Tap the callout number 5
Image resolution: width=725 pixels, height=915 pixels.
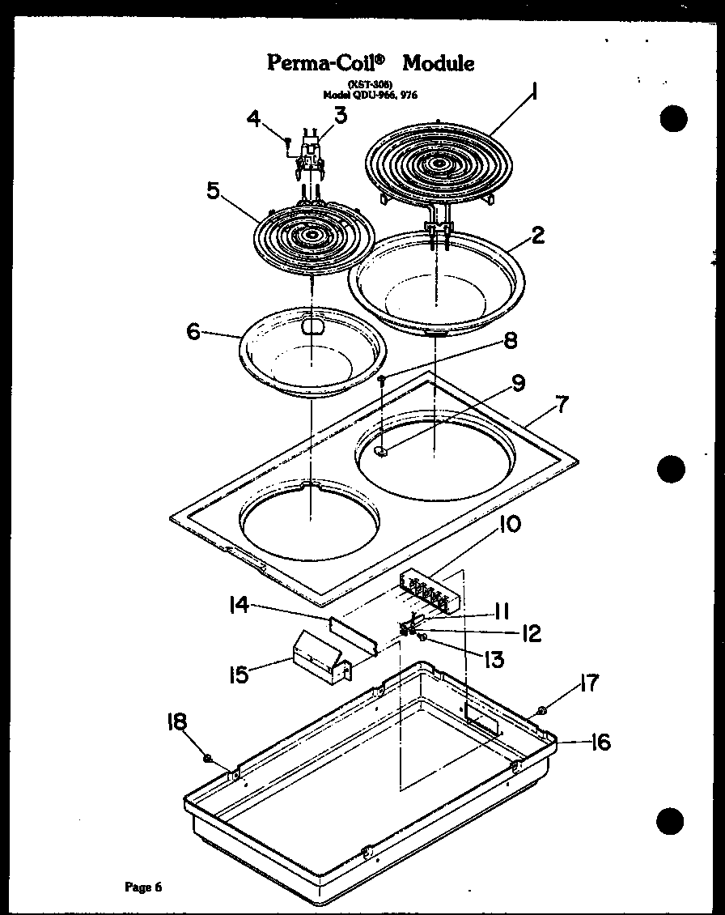click(213, 191)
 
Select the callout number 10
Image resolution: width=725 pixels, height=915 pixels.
click(510, 525)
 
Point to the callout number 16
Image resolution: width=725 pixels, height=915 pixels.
click(600, 742)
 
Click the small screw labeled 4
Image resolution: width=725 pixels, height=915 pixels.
click(287, 143)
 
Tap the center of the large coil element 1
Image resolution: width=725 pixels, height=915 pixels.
click(439, 164)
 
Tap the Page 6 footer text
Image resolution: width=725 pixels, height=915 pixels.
click(143, 887)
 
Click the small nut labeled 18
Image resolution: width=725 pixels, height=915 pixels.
click(208, 759)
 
